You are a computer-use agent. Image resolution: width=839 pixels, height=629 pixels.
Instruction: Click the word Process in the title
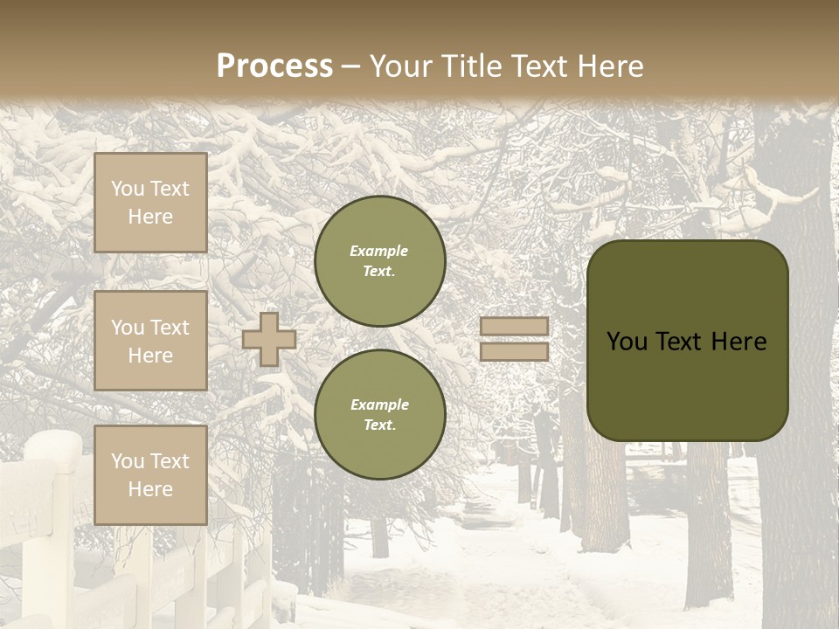[274, 66]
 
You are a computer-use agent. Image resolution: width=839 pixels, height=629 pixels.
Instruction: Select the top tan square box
[150, 203]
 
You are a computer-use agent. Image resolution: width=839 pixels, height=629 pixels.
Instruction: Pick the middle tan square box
[150, 341]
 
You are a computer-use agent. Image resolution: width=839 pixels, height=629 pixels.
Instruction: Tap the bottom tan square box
[150, 475]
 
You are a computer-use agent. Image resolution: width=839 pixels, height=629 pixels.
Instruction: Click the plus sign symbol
[269, 339]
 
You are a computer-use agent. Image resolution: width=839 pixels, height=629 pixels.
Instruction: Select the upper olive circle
[380, 261]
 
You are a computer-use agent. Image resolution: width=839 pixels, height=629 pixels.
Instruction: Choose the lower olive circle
[380, 415]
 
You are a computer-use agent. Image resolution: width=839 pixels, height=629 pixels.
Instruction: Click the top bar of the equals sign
[514, 327]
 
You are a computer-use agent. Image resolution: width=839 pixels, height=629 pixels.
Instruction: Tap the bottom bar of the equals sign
[514, 352]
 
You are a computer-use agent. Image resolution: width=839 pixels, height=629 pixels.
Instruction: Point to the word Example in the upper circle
[379, 252]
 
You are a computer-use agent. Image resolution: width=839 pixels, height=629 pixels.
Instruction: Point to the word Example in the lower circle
[379, 405]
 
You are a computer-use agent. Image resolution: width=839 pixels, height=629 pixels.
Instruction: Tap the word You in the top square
[128, 189]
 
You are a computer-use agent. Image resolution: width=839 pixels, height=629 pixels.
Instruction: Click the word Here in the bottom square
[150, 489]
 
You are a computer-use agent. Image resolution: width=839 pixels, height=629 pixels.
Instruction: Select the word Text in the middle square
[170, 328]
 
